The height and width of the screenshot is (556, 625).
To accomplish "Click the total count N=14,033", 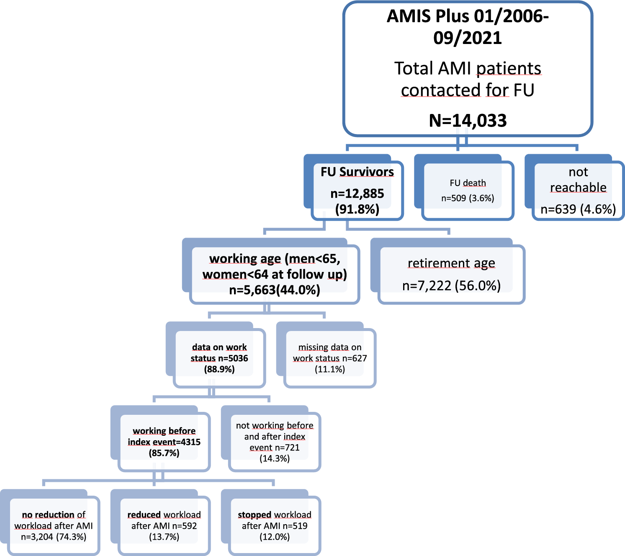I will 468,121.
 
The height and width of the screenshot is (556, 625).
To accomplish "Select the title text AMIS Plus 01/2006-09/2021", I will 468,27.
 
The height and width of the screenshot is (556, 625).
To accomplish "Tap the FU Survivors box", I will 357,190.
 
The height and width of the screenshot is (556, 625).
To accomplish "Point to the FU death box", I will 468,190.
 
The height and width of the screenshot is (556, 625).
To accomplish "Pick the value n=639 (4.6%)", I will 578,209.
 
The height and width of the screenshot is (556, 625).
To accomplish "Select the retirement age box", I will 451,274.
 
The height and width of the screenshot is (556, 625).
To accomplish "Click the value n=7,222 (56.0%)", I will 451,286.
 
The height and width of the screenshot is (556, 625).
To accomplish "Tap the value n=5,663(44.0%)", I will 275,290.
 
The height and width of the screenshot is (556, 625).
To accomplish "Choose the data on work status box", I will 219,358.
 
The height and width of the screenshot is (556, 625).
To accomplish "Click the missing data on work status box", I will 330,358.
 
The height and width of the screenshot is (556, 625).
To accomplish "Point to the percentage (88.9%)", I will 219,369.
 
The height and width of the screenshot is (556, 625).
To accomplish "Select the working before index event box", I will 164,442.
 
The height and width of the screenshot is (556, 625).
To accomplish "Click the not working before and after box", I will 275,442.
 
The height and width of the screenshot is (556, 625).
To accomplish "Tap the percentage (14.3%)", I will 275,458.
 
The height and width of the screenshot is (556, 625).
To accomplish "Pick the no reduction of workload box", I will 54,525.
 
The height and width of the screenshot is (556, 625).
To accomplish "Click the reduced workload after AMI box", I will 164,525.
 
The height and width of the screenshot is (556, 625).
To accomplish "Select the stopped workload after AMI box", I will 275,525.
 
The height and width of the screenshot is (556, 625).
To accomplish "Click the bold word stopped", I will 255,515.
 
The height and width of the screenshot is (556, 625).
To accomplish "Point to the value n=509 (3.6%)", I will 468,198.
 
